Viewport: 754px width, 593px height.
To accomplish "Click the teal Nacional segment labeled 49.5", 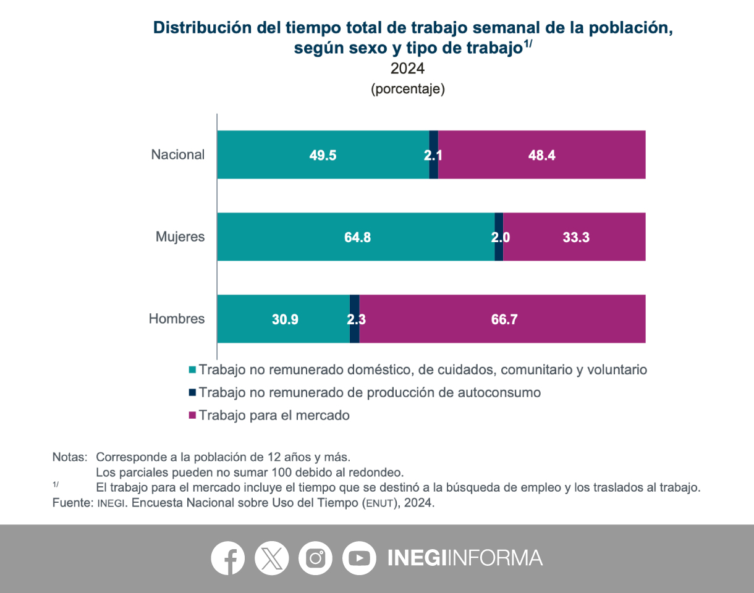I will point(323,155).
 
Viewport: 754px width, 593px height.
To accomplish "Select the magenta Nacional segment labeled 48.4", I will point(541,155).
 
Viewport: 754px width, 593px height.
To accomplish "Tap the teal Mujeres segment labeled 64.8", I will point(356,237).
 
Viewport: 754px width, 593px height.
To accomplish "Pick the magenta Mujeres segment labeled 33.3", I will point(575,237).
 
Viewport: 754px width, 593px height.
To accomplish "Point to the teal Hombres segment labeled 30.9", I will point(284,319).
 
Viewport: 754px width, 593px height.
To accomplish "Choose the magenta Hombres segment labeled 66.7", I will point(502,319).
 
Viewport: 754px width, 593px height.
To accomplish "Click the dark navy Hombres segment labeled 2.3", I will point(354,319).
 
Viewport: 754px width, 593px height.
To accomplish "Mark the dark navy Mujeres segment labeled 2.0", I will point(499,237).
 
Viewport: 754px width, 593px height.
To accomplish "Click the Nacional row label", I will point(178,155).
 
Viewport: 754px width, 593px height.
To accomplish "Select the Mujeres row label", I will point(180,237).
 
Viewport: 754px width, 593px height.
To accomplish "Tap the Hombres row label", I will point(177,319).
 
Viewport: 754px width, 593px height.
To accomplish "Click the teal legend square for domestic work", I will point(192,370).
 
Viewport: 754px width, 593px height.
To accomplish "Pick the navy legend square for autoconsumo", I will point(192,392).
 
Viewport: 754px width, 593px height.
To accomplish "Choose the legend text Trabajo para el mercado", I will point(274,415).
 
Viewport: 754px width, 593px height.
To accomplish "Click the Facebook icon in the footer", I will point(228,558).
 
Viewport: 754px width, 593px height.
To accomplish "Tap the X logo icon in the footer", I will point(271,558).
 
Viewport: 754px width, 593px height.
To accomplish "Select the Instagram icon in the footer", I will point(315,558).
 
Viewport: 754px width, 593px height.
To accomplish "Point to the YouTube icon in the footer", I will point(359,558).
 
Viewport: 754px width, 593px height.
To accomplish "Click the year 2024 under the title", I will point(407,68).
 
